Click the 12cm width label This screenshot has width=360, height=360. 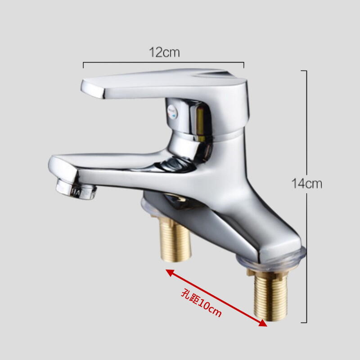164,52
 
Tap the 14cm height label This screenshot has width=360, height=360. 307,184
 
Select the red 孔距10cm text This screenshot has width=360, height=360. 201,303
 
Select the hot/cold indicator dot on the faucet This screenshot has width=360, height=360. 172,111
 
